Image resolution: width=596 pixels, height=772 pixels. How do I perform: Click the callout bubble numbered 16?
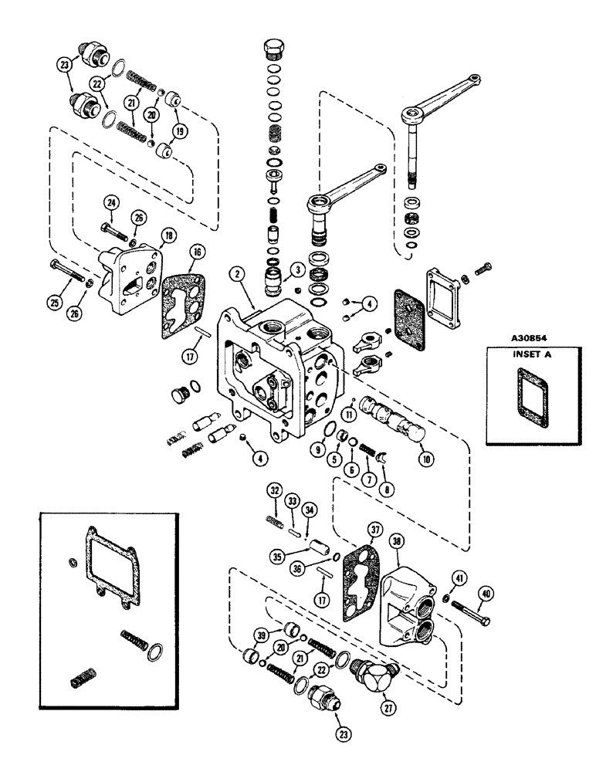[x=199, y=251]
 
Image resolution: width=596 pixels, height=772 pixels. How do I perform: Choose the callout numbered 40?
[x=486, y=594]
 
